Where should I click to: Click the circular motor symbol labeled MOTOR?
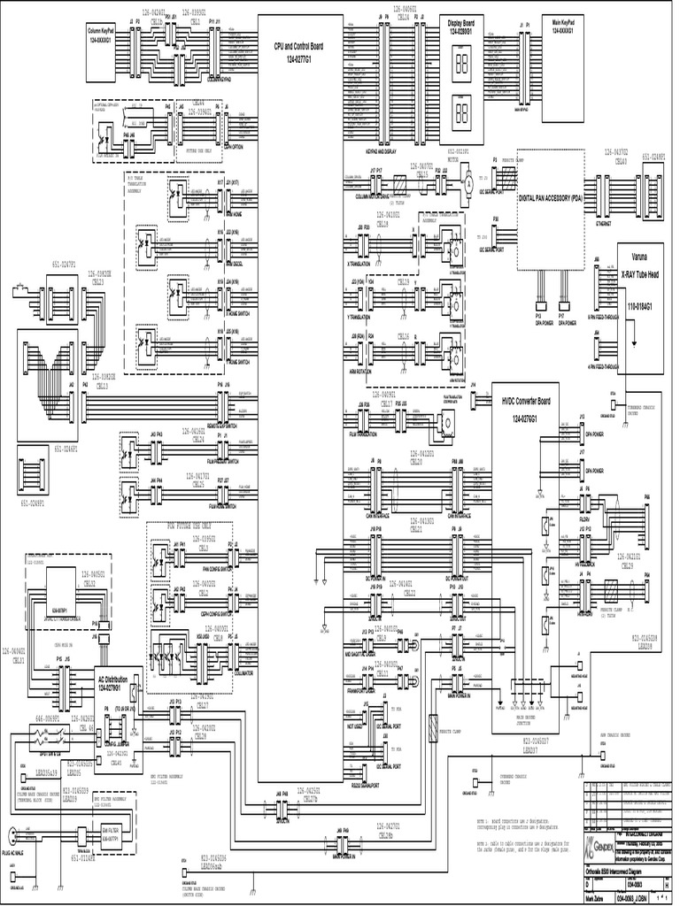[x=463, y=183]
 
